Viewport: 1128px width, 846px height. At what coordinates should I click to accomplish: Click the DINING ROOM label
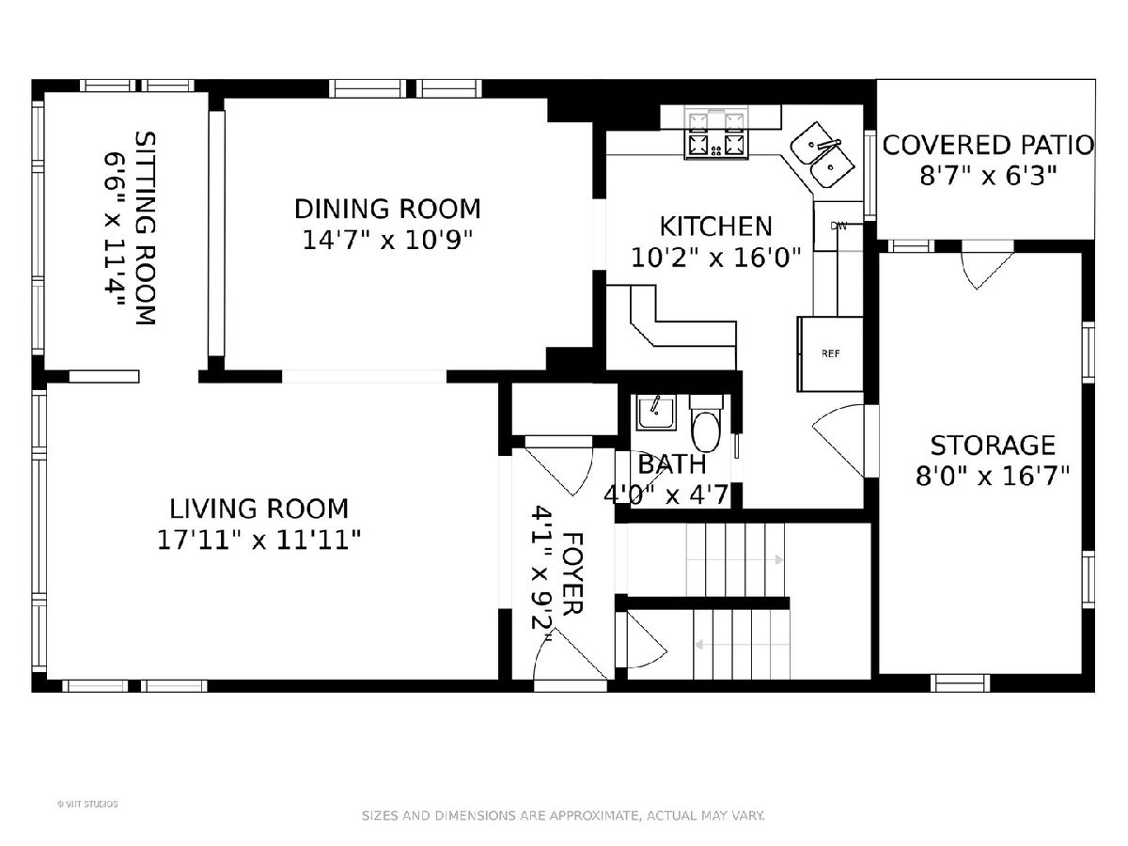387,209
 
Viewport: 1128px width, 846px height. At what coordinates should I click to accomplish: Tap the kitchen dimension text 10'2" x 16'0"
716,258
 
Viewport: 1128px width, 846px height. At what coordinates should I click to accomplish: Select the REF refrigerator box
830,354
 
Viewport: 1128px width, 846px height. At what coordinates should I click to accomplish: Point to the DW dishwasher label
838,226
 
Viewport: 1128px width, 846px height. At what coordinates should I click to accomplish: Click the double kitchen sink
822,154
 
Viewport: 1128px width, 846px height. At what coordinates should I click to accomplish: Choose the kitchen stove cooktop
716,134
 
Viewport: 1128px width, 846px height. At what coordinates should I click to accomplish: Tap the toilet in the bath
707,424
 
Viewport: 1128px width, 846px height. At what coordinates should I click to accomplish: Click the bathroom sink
656,413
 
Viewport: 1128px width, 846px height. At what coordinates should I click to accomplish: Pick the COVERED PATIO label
988,146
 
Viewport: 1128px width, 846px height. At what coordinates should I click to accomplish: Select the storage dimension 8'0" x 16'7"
993,477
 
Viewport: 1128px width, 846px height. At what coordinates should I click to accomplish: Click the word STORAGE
993,446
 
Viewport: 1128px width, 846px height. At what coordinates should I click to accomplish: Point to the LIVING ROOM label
259,509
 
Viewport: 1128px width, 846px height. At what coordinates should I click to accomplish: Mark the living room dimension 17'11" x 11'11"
258,540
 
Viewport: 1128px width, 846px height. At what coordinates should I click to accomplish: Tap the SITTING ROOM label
145,228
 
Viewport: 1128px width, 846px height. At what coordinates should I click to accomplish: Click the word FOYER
572,573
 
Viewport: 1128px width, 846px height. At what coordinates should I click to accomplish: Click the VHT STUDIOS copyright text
87,804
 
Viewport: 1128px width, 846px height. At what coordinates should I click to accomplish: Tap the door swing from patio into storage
987,272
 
